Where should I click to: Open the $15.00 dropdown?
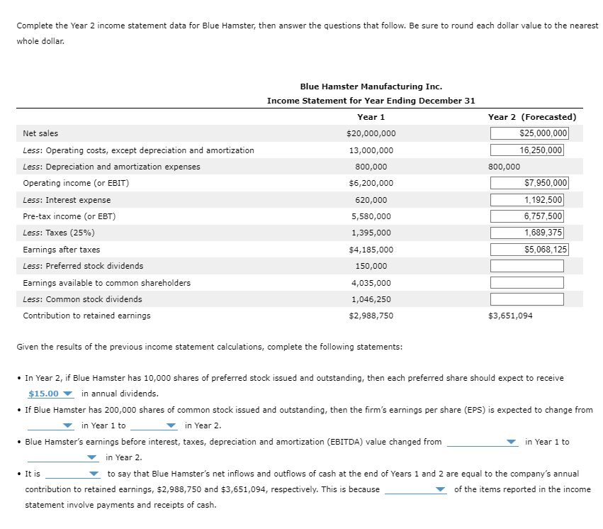[x=50, y=394]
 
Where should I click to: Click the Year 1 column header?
[x=371, y=117]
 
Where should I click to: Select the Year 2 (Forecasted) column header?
[x=531, y=117]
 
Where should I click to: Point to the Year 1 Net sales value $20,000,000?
[x=371, y=133]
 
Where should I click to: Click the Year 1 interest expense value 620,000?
[x=371, y=200]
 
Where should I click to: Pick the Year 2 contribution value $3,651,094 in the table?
[x=510, y=316]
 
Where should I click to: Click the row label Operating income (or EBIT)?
[x=76, y=183]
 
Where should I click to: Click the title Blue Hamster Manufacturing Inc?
[x=371, y=87]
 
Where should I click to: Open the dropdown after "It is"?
[x=74, y=474]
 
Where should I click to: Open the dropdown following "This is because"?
[x=416, y=489]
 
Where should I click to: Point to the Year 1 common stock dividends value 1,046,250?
[x=371, y=299]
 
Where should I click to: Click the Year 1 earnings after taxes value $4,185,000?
[x=371, y=250]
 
